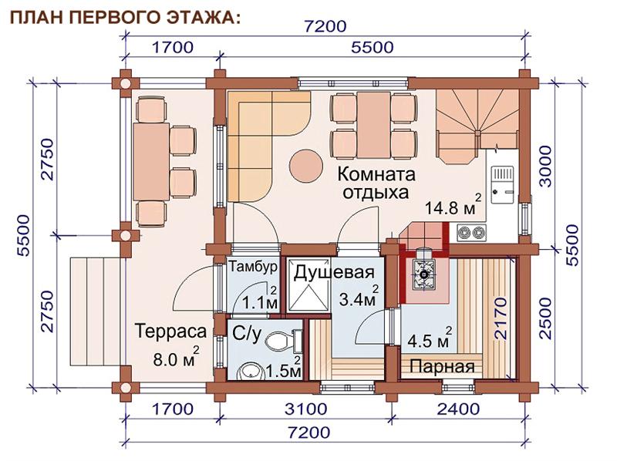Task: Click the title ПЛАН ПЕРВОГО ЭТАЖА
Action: point(125,18)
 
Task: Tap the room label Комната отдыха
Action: point(376,183)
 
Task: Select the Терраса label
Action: point(170,331)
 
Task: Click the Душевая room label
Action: point(334,272)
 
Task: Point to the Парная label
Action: point(442,367)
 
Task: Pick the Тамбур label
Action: point(254,267)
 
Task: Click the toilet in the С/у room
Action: point(283,340)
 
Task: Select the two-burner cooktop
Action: point(471,233)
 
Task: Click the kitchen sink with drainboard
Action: point(503,184)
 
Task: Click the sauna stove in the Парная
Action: point(423,274)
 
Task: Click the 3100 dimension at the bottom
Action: point(305,409)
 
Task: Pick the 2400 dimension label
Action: point(458,409)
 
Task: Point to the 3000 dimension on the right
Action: point(545,166)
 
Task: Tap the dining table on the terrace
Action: point(151,162)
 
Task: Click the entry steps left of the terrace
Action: point(95,311)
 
